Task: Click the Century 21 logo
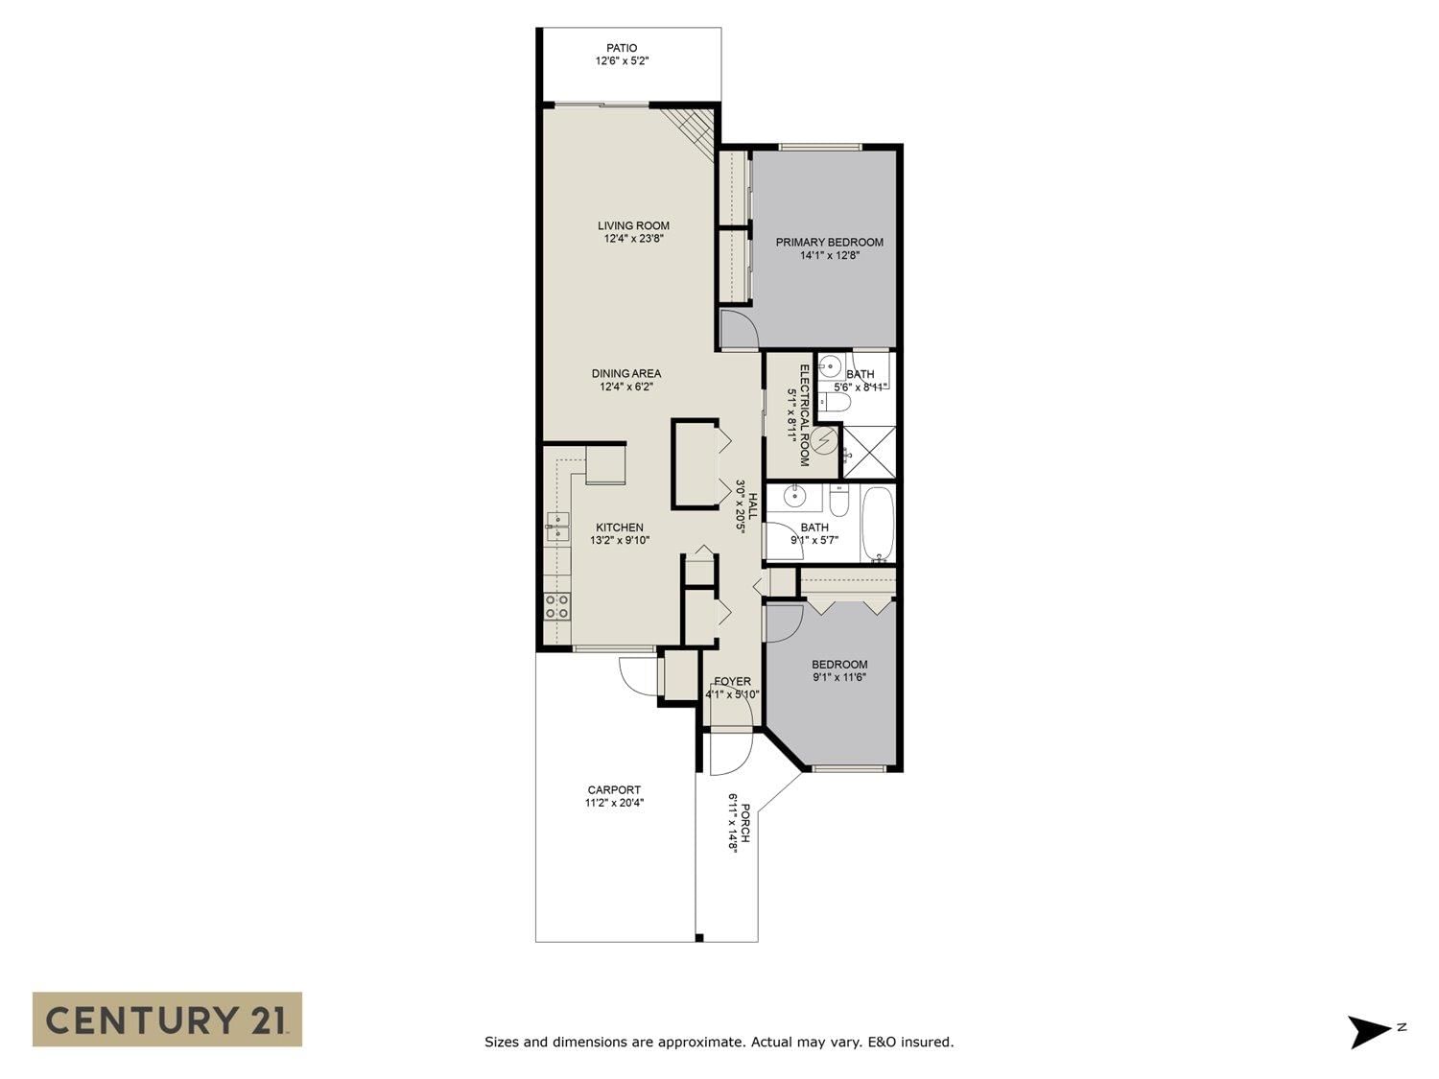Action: (167, 1019)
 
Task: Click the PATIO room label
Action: (622, 48)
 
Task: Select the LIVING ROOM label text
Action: (633, 225)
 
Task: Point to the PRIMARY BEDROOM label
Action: (829, 242)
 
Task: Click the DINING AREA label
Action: (626, 373)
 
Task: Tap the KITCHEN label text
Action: (620, 528)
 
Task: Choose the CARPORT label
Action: (614, 790)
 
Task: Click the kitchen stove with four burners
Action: (557, 606)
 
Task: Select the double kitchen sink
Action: (557, 527)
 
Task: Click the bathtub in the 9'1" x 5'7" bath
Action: (877, 524)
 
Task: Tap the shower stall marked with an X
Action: (868, 452)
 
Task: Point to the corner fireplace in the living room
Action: (689, 137)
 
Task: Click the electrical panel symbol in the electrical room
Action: (825, 440)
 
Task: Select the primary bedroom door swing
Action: (739, 329)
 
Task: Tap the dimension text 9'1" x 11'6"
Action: (839, 677)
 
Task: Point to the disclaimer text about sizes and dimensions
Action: (719, 1042)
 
